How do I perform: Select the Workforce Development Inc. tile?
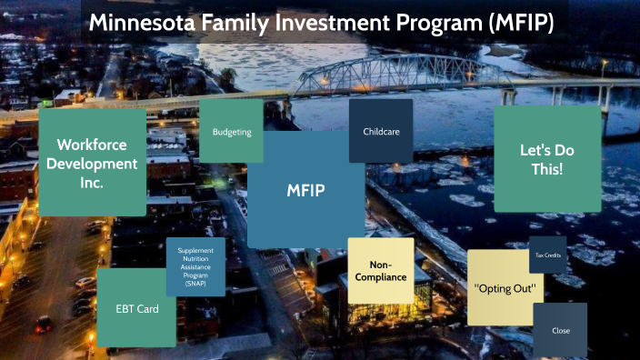pyautogui.click(x=92, y=163)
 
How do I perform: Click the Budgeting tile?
pyautogui.click(x=231, y=132)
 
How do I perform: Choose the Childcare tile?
pyautogui.click(x=381, y=132)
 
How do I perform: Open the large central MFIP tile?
pyautogui.click(x=305, y=190)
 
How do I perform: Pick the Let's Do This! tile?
pyautogui.click(x=547, y=159)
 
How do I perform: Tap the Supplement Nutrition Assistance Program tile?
pyautogui.click(x=195, y=266)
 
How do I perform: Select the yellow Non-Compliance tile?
pyautogui.click(x=381, y=270)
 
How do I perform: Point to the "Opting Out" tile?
pyautogui.click(x=505, y=287)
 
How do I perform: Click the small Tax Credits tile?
pyautogui.click(x=548, y=255)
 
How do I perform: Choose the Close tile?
pyautogui.click(x=560, y=330)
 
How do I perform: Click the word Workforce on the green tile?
pyautogui.click(x=92, y=145)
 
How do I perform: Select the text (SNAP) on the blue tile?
pyautogui.click(x=195, y=285)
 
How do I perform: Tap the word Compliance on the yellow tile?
pyautogui.click(x=381, y=276)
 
